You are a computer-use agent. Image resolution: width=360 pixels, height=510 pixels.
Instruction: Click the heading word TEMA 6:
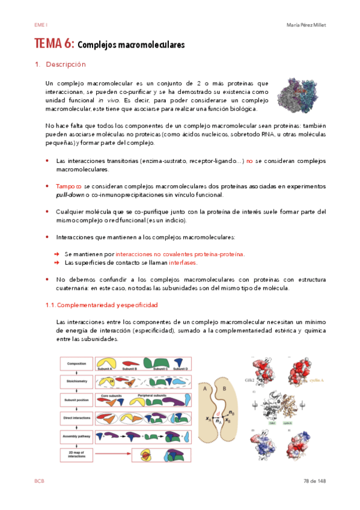click(54, 44)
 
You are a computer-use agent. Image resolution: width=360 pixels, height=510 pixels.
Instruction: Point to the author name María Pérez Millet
click(307, 25)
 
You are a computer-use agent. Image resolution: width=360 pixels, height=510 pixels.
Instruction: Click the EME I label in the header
click(41, 25)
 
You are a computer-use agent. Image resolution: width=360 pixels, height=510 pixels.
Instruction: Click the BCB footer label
click(40, 481)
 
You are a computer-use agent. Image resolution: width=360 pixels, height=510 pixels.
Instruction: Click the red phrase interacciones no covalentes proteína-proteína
click(180, 254)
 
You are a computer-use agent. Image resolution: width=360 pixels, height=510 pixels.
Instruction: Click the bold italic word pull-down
click(69, 195)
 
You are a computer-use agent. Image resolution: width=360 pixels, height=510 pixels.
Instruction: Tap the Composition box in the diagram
click(76, 364)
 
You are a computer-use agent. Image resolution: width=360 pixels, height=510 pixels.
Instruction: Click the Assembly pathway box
click(76, 435)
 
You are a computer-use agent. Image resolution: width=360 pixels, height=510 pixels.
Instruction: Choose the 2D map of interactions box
click(76, 454)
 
